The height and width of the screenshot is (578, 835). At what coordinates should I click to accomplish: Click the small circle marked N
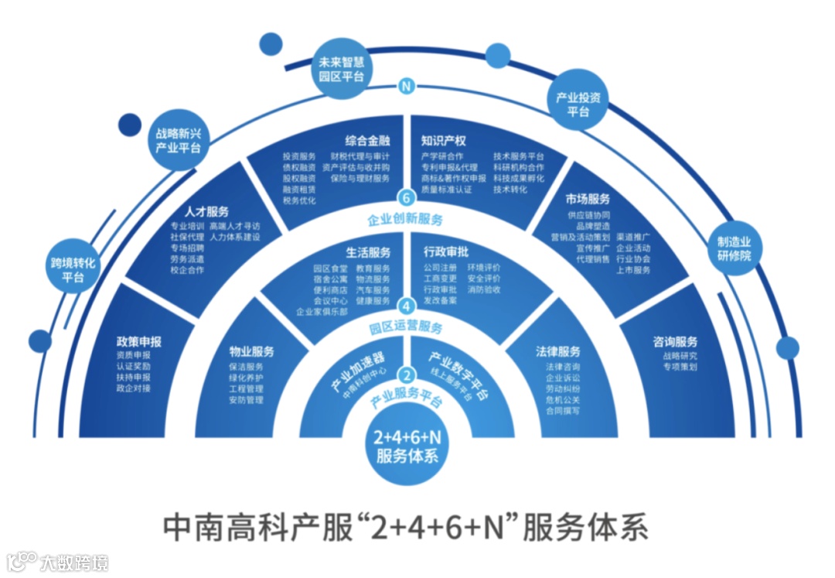(x=405, y=87)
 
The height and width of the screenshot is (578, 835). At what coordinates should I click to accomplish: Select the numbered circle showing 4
(x=405, y=305)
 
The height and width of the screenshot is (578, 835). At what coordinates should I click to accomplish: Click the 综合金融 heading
(x=367, y=142)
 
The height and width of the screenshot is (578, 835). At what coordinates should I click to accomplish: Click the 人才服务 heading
(x=206, y=210)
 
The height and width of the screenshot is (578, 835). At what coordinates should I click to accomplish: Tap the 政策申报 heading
(x=139, y=341)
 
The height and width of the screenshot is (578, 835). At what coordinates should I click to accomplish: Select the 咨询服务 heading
(x=675, y=341)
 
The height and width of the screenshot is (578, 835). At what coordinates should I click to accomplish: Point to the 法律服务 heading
(x=557, y=351)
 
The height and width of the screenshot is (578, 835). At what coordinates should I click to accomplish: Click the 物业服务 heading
(x=251, y=351)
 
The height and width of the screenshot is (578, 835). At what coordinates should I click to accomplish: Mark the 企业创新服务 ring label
(x=405, y=219)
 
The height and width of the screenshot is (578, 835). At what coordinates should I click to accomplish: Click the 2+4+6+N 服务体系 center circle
(x=407, y=445)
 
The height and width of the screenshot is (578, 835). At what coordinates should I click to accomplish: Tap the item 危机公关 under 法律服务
(x=562, y=400)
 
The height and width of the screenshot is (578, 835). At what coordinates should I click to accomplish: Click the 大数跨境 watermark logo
(x=58, y=561)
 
